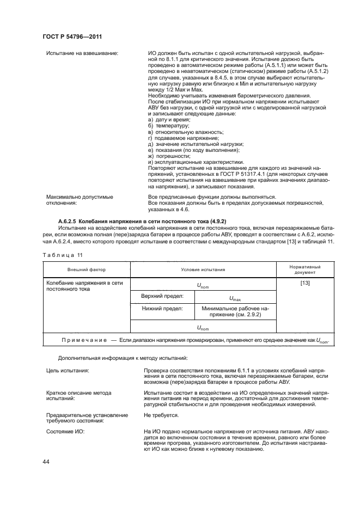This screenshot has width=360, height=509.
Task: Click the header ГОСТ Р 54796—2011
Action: tap(72, 36)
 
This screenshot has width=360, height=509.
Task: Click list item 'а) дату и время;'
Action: tap(169, 119)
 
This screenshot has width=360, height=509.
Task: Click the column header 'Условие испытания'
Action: tap(203, 269)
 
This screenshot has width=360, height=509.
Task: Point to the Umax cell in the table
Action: tap(235, 298)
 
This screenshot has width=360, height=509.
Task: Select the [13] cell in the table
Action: tap(305, 283)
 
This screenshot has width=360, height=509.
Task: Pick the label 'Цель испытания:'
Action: tap(68, 370)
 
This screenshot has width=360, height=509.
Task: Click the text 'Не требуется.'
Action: tap(162, 415)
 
